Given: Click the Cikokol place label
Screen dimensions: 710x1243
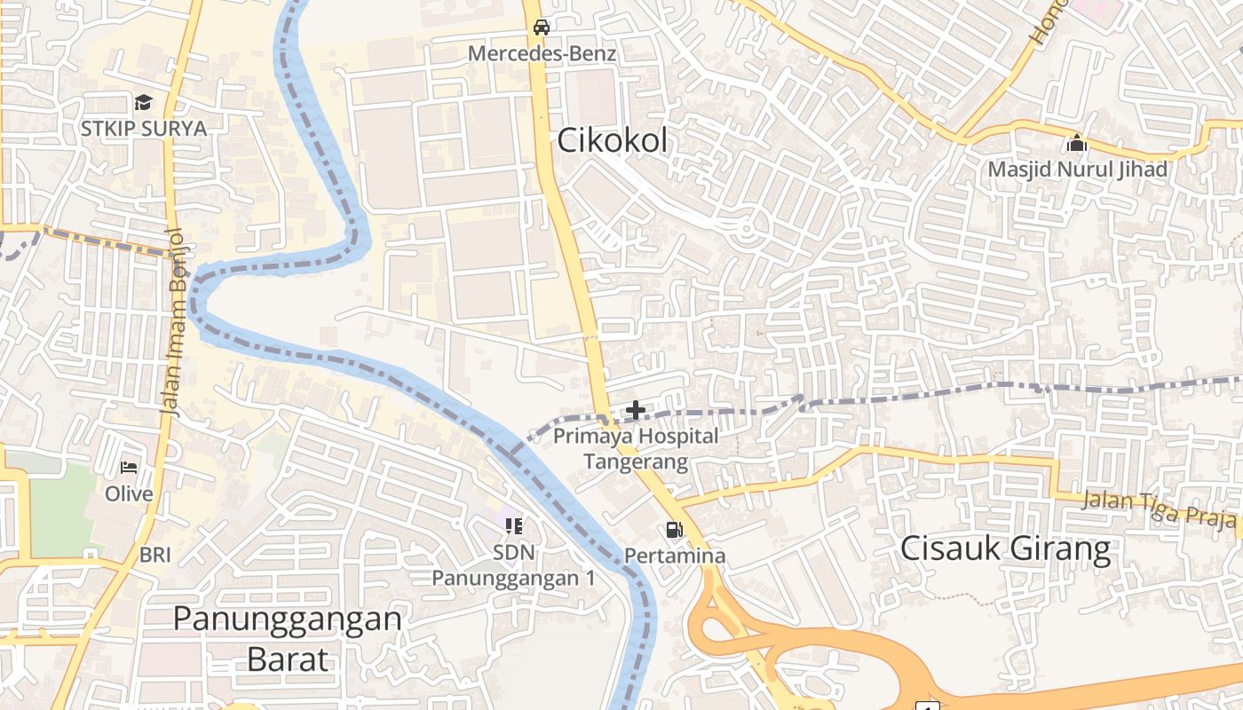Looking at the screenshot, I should pyautogui.click(x=613, y=140).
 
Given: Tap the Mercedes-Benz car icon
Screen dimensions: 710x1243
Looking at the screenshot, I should pyautogui.click(x=541, y=28).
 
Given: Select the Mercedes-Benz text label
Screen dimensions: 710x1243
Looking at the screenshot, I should pyautogui.click(x=542, y=53).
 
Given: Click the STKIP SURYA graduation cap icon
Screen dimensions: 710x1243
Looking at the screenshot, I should pyautogui.click(x=144, y=103).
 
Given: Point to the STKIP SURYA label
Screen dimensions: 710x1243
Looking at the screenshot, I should pyautogui.click(x=144, y=129).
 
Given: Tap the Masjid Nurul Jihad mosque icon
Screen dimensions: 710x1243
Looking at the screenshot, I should pyautogui.click(x=1077, y=143).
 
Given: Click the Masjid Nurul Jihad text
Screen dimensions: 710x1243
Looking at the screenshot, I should pyautogui.click(x=1078, y=169).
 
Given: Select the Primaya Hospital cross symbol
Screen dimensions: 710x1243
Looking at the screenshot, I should pyautogui.click(x=636, y=410).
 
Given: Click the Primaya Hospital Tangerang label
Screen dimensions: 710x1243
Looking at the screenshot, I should pyautogui.click(x=636, y=449).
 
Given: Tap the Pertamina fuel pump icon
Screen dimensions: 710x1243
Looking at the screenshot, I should pyautogui.click(x=675, y=530).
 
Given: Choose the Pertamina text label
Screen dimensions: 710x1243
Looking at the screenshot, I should pyautogui.click(x=675, y=556).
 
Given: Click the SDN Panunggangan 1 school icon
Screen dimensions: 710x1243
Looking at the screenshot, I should pyautogui.click(x=513, y=526).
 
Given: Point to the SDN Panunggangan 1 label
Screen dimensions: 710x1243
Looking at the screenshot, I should pyautogui.click(x=513, y=565).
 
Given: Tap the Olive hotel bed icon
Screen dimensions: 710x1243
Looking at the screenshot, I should pyautogui.click(x=130, y=468).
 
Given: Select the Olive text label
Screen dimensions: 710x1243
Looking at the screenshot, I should pyautogui.click(x=130, y=493).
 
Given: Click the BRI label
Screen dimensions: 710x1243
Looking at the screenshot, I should pyautogui.click(x=155, y=556).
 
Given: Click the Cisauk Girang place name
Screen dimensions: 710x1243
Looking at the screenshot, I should pyautogui.click(x=1005, y=548).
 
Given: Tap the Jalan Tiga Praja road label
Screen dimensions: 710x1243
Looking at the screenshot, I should pyautogui.click(x=1160, y=510).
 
